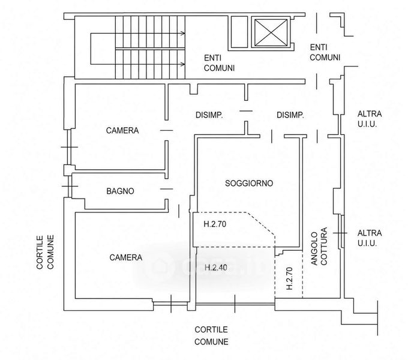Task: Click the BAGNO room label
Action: [x=120, y=191]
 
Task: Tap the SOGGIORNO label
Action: [x=249, y=184]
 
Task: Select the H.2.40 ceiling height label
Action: [x=216, y=268]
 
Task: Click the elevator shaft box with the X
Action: [x=271, y=32]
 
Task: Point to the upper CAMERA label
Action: [x=122, y=130]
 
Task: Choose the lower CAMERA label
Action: [x=126, y=257]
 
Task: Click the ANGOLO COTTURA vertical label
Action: [x=319, y=247]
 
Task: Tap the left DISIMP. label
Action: [x=209, y=115]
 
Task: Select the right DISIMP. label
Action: [x=290, y=115]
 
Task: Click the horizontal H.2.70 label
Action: [x=215, y=224]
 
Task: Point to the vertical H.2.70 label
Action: [x=290, y=278]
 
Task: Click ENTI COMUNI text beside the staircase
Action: [x=219, y=63]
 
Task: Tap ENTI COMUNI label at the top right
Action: [x=325, y=52]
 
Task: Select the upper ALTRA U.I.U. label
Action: [x=370, y=119]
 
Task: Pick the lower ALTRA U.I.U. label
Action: [x=370, y=238]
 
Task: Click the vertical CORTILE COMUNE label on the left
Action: [x=45, y=252]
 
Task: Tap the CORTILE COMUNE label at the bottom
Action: [x=211, y=335]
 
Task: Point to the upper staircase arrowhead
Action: [x=184, y=33]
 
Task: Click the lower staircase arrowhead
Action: [x=184, y=64]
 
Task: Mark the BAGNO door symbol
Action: [x=167, y=189]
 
